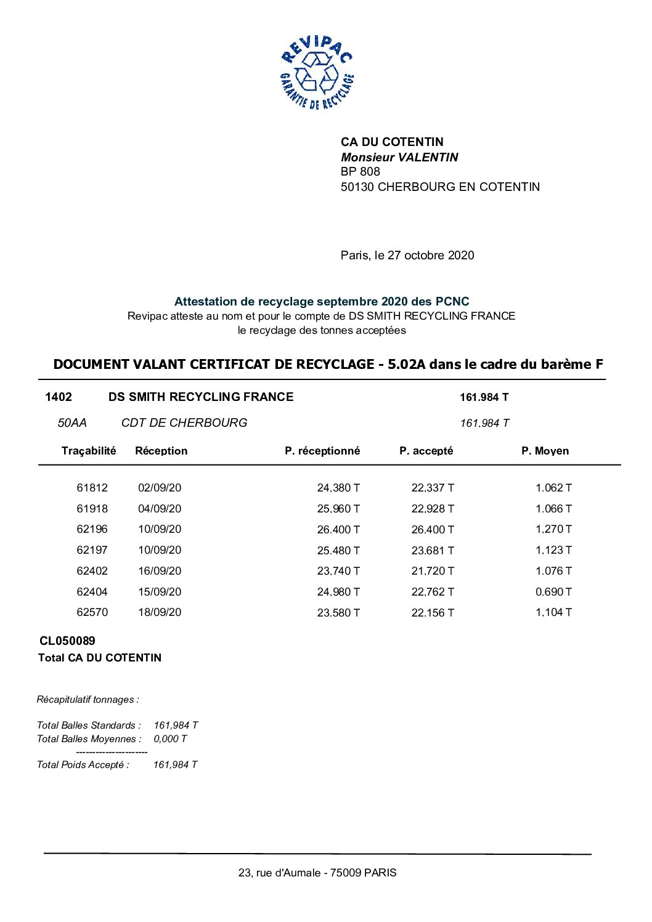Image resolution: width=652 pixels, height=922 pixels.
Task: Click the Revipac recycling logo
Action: [317, 73]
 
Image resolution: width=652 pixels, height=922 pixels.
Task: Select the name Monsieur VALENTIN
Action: [399, 157]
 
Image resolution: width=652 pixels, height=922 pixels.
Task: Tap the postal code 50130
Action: [357, 187]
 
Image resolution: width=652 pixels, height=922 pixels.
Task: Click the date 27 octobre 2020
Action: [431, 255]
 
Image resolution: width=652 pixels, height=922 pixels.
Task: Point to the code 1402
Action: [59, 397]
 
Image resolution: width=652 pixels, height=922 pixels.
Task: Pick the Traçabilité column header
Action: [89, 451]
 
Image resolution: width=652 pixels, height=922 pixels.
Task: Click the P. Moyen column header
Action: [545, 451]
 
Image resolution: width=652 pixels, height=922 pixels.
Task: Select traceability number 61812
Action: [92, 488]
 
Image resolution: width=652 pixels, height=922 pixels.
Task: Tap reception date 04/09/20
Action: [160, 509]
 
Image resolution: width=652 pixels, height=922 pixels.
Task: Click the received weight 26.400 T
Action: [338, 530]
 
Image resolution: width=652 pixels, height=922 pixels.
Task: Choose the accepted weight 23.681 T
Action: [433, 551]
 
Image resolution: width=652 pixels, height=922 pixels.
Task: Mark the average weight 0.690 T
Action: [553, 592]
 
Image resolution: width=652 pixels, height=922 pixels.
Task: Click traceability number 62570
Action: [92, 612]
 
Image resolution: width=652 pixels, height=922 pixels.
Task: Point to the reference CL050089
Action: [67, 641]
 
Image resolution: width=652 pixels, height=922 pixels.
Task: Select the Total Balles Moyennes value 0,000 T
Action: [170, 738]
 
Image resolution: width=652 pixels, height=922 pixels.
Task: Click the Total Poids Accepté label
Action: [83, 764]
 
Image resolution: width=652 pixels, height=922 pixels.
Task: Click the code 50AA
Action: [72, 423]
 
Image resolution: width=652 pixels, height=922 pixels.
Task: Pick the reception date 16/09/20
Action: [160, 571]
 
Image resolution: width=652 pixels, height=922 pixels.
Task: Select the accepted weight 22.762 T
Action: [433, 592]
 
